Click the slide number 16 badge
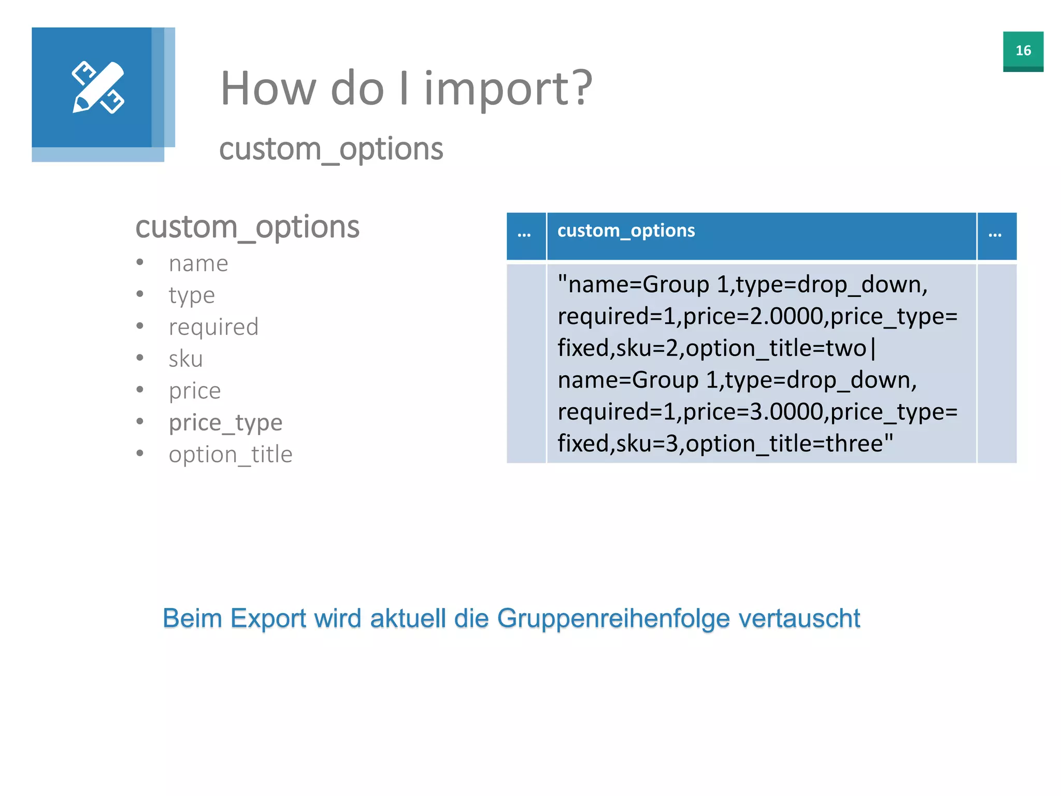pyautogui.click(x=1023, y=51)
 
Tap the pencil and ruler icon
pyautogui.click(x=98, y=88)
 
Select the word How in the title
pyautogui.click(x=268, y=89)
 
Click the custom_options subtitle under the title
pyautogui.click(x=331, y=149)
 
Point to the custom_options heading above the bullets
pyautogui.click(x=247, y=227)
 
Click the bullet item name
pyautogui.click(x=198, y=264)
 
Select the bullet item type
pyautogui.click(x=192, y=296)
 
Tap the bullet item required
pyautogui.click(x=213, y=327)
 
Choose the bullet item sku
pyautogui.click(x=185, y=359)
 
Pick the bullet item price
pyautogui.click(x=195, y=391)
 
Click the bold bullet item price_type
pyautogui.click(x=225, y=423)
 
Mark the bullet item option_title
pyautogui.click(x=231, y=454)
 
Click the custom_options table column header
pyautogui.click(x=626, y=231)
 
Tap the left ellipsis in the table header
pyautogui.click(x=524, y=235)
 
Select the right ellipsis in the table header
pyautogui.click(x=995, y=235)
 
